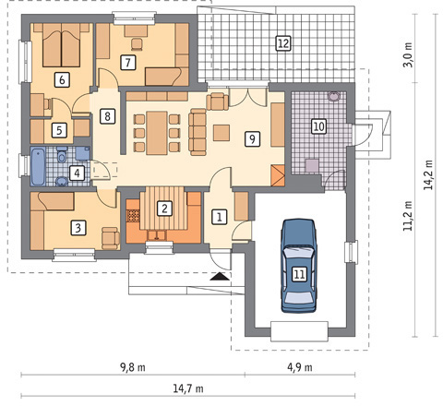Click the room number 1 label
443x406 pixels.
[x=219, y=217]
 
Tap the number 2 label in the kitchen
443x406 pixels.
[x=163, y=209]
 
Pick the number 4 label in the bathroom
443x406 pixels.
[x=77, y=172]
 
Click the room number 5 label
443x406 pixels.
[x=58, y=131]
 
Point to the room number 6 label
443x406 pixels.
[x=61, y=79]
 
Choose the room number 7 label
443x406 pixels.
[x=128, y=63]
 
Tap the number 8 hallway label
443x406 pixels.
[x=108, y=116]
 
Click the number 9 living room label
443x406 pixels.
[x=250, y=138]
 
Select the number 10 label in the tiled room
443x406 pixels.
[x=317, y=125]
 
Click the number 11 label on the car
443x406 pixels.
[x=299, y=273]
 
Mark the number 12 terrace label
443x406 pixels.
[x=283, y=42]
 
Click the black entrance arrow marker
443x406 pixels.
[x=219, y=275]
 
